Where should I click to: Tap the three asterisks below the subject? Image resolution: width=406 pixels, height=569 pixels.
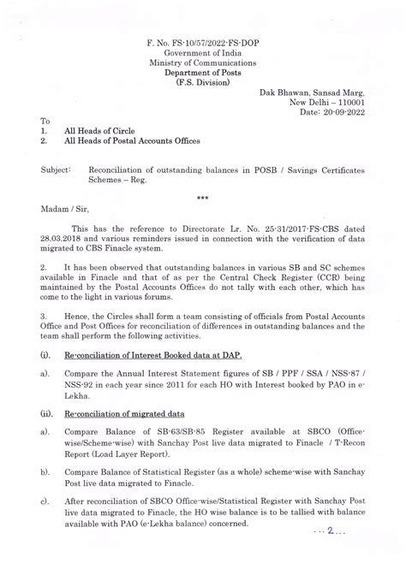pyautogui.click(x=202, y=197)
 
